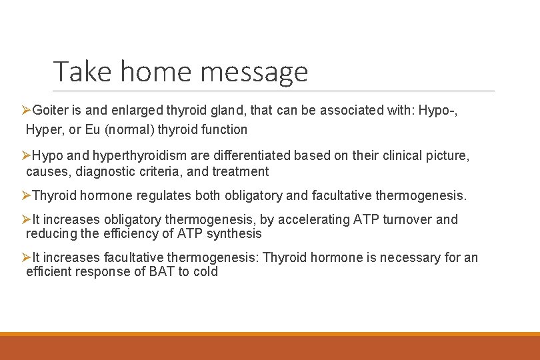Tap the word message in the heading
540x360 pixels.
[x=262, y=71]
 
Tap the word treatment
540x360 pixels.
[x=241, y=171]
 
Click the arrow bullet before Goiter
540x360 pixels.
[x=26, y=110]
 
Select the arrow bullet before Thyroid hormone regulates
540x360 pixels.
[x=26, y=195]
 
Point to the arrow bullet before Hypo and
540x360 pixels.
[x=26, y=155]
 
